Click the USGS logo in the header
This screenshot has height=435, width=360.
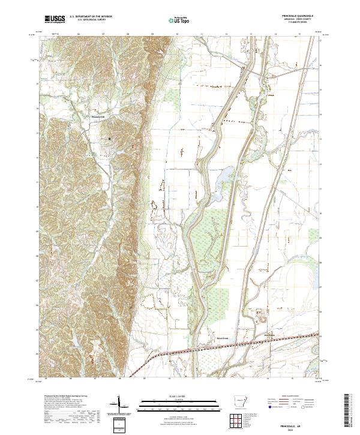coord(55,19)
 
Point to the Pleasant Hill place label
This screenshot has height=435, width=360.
coord(98,116)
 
